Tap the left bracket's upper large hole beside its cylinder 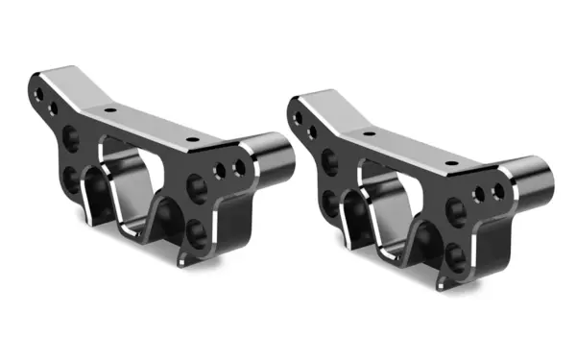[199, 185]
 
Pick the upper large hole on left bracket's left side [70, 138]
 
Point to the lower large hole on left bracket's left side [70, 179]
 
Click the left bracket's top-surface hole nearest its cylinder [194, 139]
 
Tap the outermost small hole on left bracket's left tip [37, 94]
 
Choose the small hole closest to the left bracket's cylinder [240, 168]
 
